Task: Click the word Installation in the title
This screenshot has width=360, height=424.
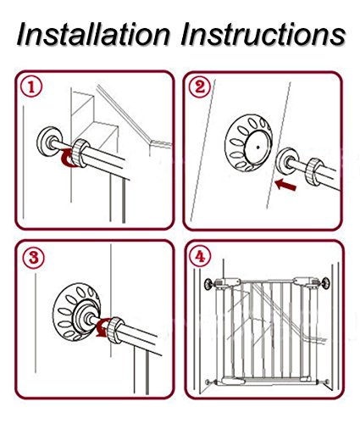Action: click(94, 34)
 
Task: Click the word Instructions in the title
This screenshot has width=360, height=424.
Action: click(263, 34)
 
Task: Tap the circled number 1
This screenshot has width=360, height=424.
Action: click(31, 87)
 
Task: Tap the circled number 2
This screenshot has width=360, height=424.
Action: click(200, 87)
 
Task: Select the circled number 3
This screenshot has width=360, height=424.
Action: click(34, 258)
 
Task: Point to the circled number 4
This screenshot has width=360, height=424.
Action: click(200, 257)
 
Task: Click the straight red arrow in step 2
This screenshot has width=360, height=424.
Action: click(285, 185)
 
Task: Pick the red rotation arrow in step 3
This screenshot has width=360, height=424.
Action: click(102, 327)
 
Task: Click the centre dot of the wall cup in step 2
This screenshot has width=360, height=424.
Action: click(258, 147)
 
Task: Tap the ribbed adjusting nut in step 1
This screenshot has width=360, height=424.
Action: click(80, 153)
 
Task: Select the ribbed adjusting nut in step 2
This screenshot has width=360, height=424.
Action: click(314, 171)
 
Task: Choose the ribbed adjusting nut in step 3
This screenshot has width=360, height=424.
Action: click(115, 330)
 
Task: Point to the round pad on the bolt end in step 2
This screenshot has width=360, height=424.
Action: click(287, 162)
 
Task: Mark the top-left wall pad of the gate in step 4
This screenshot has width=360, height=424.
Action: click(209, 284)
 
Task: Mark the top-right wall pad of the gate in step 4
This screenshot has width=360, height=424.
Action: click(327, 283)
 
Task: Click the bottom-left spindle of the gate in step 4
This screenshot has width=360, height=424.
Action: click(211, 382)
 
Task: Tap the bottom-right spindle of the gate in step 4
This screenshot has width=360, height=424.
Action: click(324, 382)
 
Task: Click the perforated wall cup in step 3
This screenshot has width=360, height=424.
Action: click(76, 311)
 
